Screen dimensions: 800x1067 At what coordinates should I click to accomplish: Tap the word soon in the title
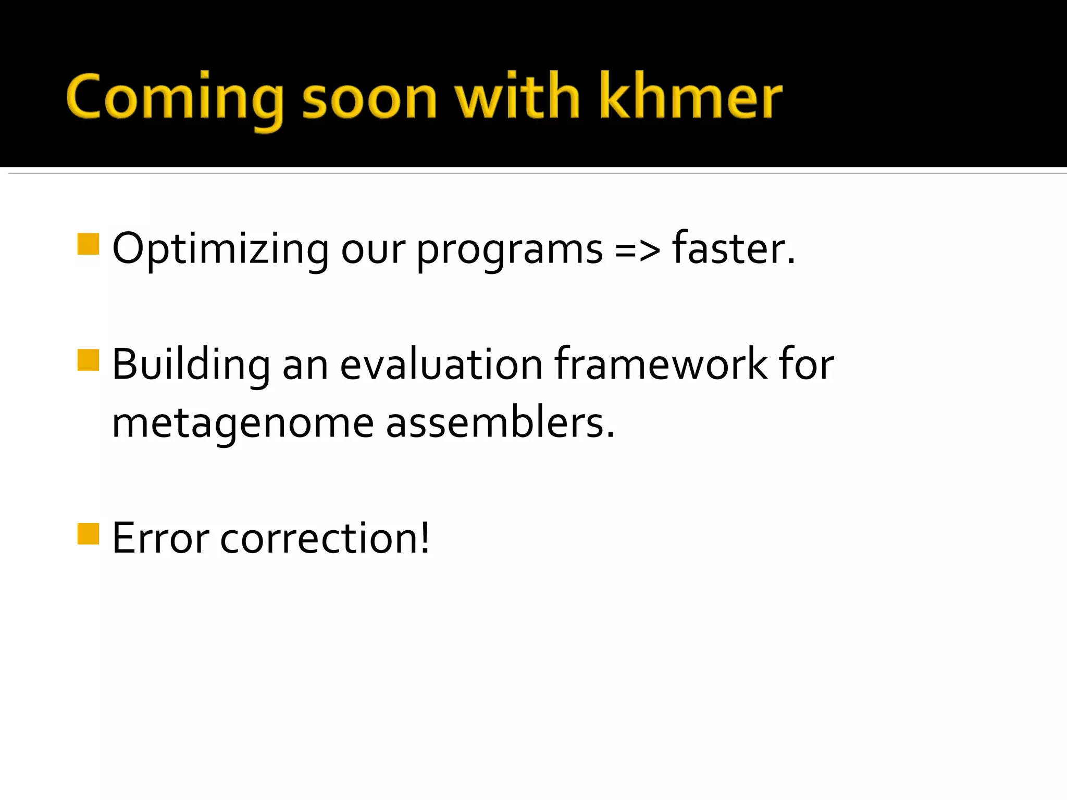tap(369, 99)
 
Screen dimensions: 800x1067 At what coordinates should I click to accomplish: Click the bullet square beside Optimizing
tap(88, 244)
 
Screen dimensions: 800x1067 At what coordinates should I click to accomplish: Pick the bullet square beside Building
tap(88, 360)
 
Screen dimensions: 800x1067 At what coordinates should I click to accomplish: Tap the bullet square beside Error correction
tap(88, 534)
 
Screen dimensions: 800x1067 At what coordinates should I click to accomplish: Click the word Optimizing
tap(220, 250)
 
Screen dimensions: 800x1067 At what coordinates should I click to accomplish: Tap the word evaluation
tap(441, 365)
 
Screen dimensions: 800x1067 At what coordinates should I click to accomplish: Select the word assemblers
tap(500, 422)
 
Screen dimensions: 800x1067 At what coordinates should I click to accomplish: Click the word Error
tap(160, 539)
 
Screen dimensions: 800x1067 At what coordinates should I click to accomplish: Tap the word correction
tap(317, 539)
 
